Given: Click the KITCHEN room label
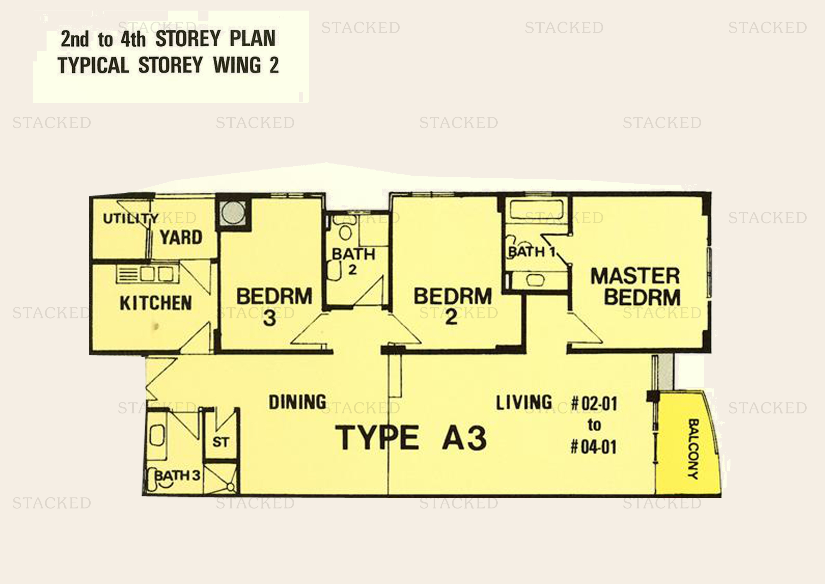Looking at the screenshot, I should tap(155, 303).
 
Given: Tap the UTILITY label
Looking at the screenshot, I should tap(130, 218).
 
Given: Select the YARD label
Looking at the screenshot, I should tap(181, 237).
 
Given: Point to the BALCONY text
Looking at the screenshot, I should tap(693, 449).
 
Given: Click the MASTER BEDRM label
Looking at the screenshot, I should tap(636, 287).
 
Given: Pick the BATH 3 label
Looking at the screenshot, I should tap(177, 475).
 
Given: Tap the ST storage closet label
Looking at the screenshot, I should tap(220, 442).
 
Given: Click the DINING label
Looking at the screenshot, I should tap(298, 402).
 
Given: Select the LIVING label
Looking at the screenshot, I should tap(524, 403).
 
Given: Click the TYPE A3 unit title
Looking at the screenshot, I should tap(411, 438).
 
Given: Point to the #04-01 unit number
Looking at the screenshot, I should tap(594, 447).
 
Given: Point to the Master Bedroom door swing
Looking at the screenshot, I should tap(584, 329).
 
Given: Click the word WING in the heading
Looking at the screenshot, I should tap(237, 66).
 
